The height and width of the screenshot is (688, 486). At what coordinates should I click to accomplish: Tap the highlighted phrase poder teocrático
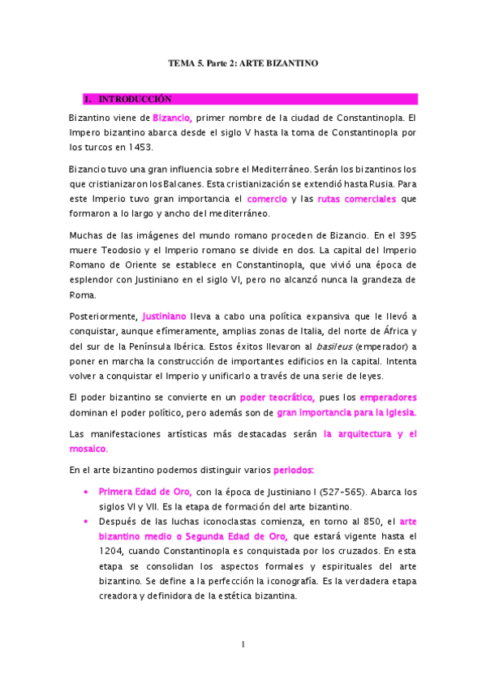pyautogui.click(x=277, y=398)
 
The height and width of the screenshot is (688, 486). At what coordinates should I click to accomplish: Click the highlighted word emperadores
pyautogui.click(x=388, y=398)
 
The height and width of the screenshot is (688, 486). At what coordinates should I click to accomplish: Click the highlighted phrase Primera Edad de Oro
pyautogui.click(x=145, y=492)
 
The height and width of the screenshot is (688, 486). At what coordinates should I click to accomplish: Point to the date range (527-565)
pyautogui.click(x=346, y=492)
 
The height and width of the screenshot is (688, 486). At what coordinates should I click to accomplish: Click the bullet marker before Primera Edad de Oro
pyautogui.click(x=86, y=492)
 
